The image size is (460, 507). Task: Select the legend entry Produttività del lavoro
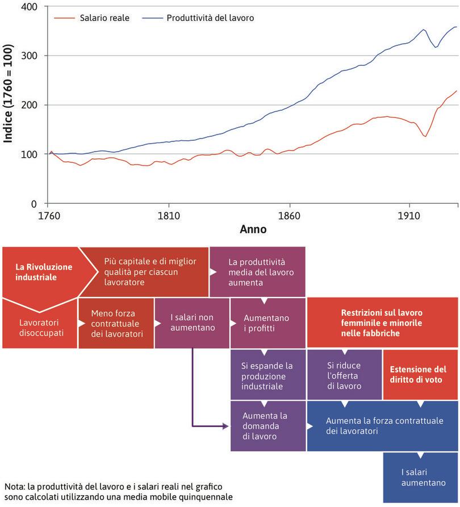210,18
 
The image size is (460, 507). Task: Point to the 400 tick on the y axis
27,7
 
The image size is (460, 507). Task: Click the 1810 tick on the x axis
169,216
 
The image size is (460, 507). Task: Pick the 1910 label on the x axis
409,216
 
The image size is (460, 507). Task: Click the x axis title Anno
253,230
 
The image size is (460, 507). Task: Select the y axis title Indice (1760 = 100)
9,105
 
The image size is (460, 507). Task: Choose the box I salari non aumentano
193,323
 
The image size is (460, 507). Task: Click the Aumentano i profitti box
267,323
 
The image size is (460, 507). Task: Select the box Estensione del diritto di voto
420,375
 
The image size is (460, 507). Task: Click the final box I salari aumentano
420,477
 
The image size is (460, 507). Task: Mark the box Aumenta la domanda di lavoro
268,426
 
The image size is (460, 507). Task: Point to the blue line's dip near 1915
436,47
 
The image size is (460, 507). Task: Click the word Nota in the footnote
14,487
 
